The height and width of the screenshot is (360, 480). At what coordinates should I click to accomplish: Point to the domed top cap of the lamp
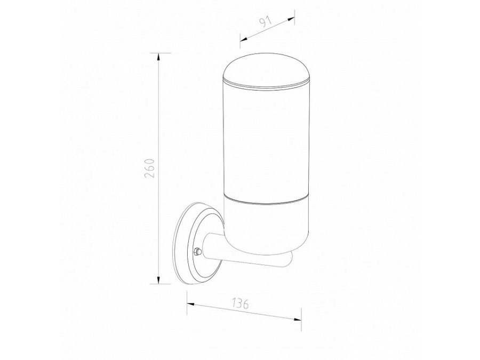[x=266, y=73]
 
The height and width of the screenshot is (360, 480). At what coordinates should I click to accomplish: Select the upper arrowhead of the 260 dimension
[x=158, y=58]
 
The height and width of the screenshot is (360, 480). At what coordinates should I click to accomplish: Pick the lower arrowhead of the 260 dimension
[x=158, y=279]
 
